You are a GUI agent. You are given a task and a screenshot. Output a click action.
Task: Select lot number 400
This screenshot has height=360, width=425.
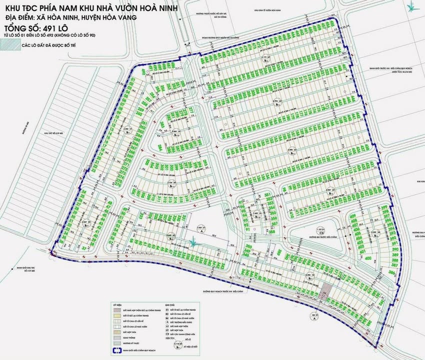[368, 258]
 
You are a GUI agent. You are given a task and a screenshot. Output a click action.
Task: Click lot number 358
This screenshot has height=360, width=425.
[272, 231]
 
